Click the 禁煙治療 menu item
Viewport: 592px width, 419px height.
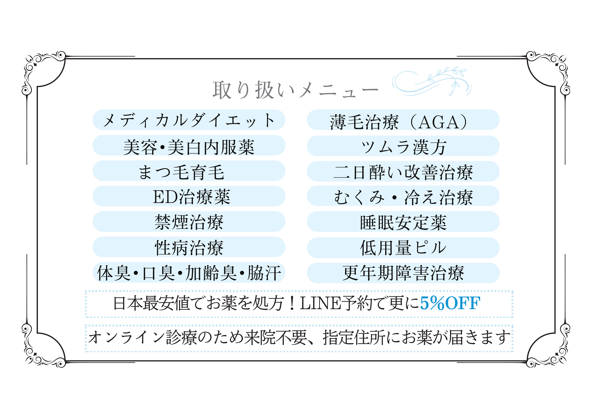(189, 222)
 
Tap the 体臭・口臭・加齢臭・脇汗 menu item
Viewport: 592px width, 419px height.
(189, 273)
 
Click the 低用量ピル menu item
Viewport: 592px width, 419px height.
(403, 247)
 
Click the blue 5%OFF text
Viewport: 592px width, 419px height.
(450, 303)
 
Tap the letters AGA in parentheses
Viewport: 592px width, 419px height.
(438, 122)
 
